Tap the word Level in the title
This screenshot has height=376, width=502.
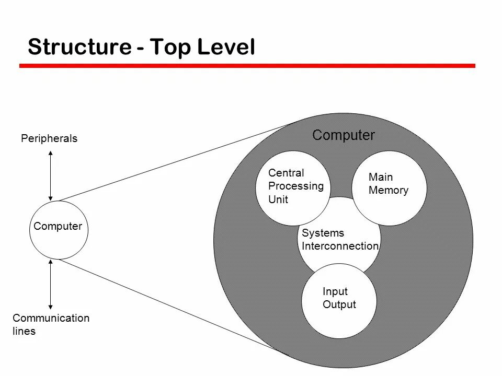(226, 47)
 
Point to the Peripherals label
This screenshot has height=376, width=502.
(49, 138)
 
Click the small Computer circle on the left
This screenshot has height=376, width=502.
(59, 230)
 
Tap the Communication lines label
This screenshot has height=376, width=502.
(51, 324)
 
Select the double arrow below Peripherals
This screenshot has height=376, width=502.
(50, 175)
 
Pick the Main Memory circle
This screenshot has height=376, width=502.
(390, 187)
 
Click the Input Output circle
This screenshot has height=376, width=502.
(339, 300)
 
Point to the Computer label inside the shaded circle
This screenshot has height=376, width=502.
(343, 135)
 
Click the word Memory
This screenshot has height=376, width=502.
(388, 190)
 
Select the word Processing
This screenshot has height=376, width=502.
(295, 186)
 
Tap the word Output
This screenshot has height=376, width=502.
(339, 304)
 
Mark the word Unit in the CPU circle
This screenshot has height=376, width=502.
(278, 199)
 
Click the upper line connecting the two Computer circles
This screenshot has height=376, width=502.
(173, 162)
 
